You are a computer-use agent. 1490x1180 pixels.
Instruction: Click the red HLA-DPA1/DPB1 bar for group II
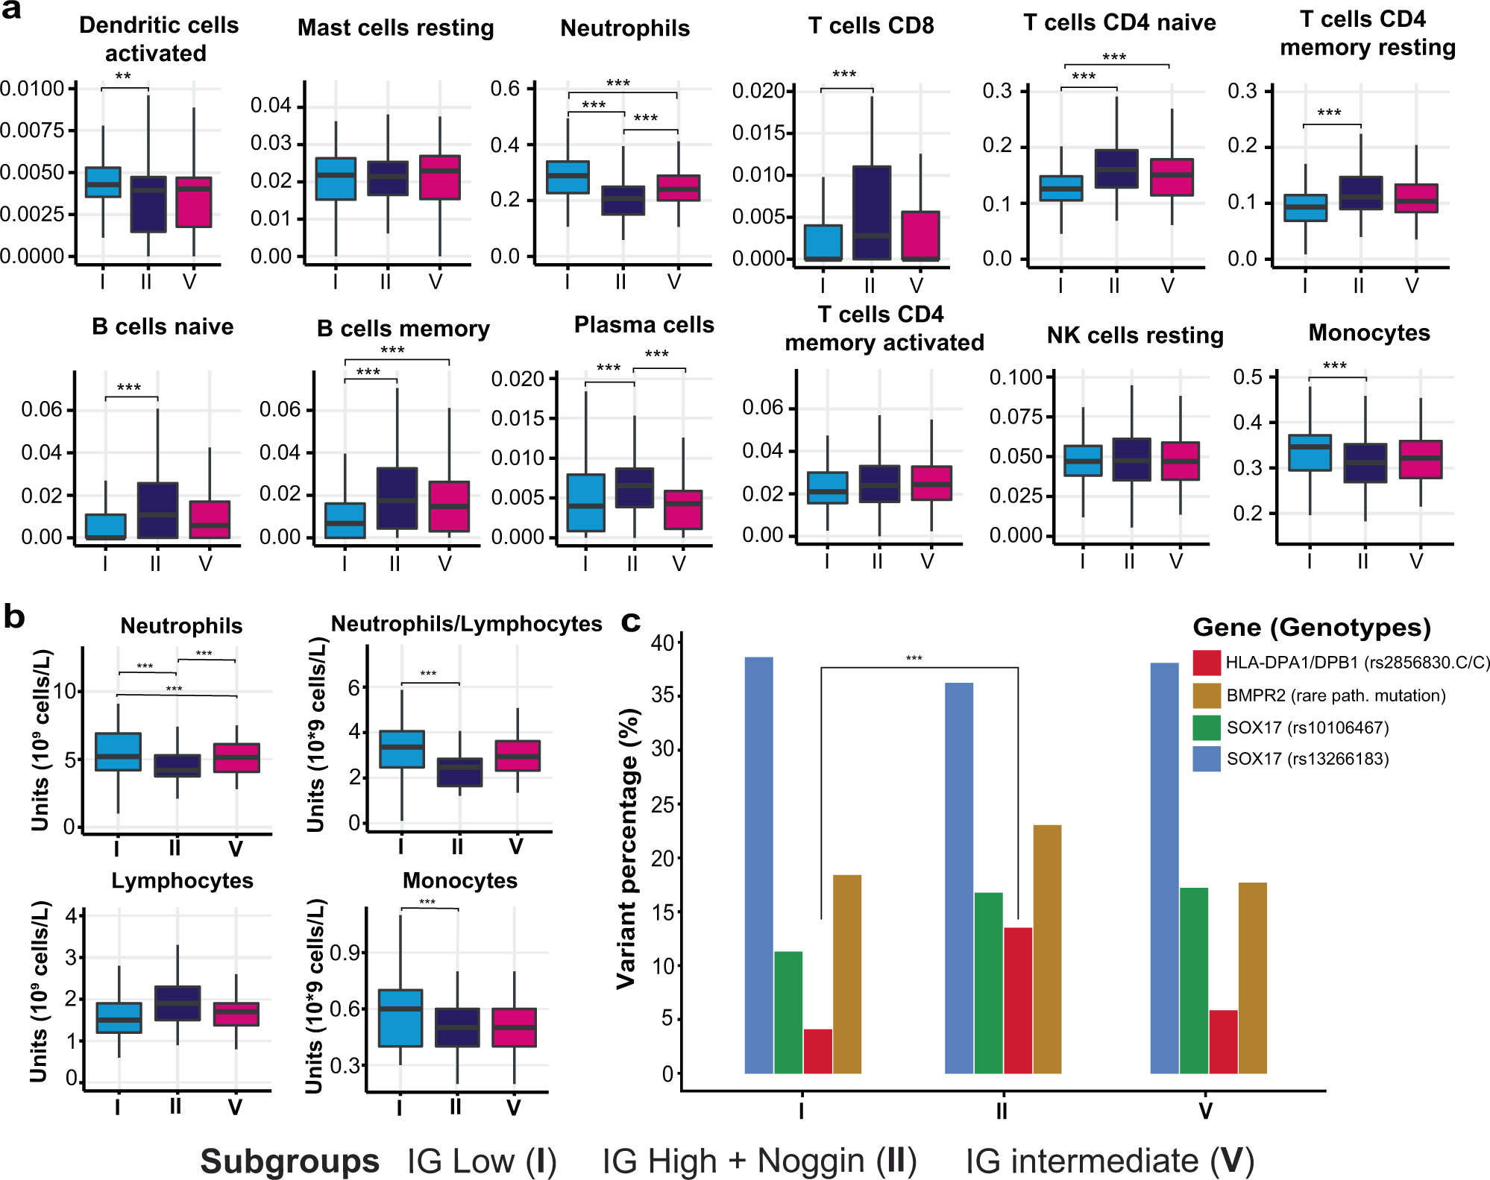(1018, 1000)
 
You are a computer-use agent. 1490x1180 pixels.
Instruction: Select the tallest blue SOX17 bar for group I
(758, 865)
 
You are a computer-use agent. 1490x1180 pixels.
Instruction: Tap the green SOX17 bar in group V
(1194, 980)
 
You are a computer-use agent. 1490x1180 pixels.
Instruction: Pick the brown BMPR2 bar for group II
(1047, 949)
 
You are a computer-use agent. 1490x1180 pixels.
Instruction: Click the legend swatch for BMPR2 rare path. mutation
(1206, 695)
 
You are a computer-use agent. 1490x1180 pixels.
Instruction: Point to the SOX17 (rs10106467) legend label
(1307, 728)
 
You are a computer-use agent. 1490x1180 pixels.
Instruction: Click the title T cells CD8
(871, 26)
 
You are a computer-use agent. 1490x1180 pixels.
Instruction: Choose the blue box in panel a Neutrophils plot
(568, 177)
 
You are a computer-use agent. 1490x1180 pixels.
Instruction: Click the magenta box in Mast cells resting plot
(439, 177)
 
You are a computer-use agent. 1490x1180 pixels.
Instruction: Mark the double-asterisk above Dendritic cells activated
(123, 78)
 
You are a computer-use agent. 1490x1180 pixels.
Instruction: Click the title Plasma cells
(644, 325)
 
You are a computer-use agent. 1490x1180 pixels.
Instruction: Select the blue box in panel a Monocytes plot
(1310, 452)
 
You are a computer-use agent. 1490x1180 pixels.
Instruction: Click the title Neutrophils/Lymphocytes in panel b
(466, 624)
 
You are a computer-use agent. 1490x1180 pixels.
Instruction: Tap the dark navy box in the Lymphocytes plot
(177, 1003)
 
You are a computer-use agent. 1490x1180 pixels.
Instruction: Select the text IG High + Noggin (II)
(759, 1161)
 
